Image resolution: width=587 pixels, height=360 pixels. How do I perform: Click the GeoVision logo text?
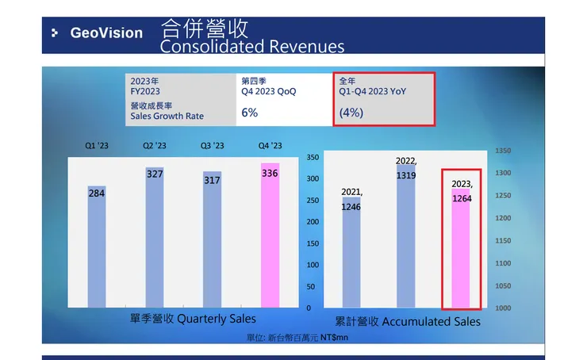click(x=106, y=33)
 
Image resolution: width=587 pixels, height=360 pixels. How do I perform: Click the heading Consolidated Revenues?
click(x=252, y=47)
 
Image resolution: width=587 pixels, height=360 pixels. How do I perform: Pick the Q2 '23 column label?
click(x=155, y=145)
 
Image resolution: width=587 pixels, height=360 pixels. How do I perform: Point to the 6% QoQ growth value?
click(x=250, y=113)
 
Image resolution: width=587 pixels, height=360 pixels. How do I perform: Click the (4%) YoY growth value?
click(x=351, y=113)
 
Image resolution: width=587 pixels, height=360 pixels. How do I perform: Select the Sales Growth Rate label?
click(x=167, y=116)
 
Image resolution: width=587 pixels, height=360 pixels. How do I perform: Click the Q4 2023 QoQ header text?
click(x=269, y=92)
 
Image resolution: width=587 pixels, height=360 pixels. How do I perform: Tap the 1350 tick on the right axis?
click(x=502, y=150)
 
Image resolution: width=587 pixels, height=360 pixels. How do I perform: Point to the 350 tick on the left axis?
click(x=312, y=158)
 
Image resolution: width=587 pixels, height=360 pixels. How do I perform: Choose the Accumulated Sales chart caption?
click(x=408, y=322)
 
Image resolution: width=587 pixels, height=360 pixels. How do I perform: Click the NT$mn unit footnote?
click(x=297, y=337)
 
